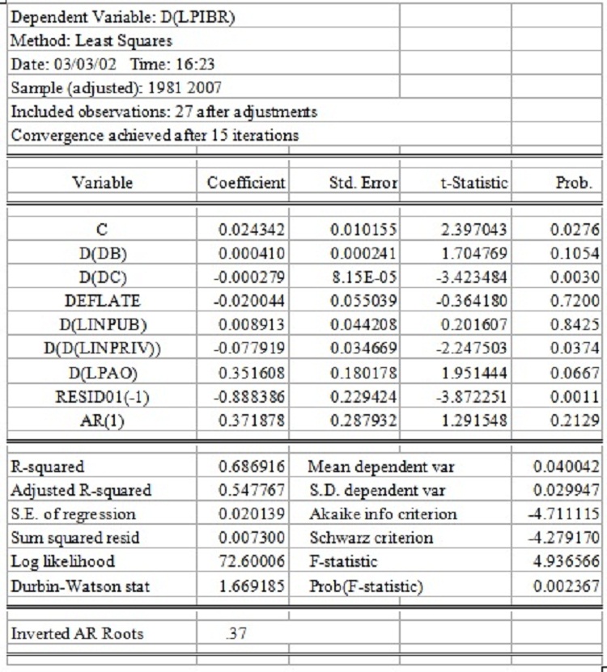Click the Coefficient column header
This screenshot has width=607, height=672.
click(x=244, y=183)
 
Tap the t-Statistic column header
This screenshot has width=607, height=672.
click(x=473, y=183)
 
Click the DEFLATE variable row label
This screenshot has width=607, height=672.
click(x=108, y=301)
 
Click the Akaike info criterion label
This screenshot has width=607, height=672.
click(x=383, y=514)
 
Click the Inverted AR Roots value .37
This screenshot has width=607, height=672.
click(x=236, y=633)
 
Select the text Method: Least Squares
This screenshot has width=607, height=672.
click(x=91, y=39)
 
